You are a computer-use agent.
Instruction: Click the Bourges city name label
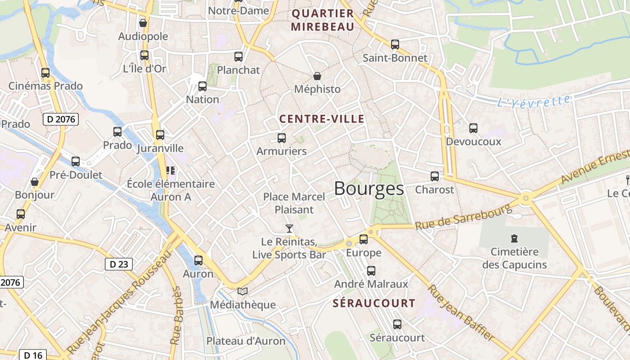369,189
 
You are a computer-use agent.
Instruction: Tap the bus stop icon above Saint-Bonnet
395,44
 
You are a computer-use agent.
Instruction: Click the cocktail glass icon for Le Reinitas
289,229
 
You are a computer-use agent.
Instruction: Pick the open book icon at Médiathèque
243,292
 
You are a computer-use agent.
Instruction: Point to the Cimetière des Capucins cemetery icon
514,238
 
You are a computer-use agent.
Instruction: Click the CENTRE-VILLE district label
322,119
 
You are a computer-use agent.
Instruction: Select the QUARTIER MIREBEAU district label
323,20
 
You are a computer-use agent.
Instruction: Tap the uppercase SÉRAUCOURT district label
374,303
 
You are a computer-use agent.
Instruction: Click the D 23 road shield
119,264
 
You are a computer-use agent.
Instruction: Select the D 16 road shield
33,355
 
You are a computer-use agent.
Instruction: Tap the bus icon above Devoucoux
473,128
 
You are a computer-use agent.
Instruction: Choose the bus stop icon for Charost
435,176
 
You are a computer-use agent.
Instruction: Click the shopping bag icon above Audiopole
143,23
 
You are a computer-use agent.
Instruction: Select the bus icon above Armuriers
282,138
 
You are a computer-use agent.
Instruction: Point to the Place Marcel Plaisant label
294,203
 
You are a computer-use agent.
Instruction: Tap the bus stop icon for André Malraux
371,271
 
